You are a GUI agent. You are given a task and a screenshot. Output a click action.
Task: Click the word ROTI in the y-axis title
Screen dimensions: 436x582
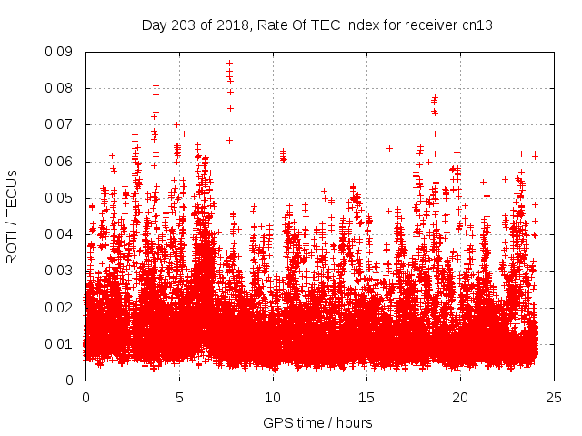pos(12,249)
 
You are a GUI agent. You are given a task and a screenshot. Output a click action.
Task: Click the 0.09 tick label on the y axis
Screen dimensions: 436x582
pos(62,52)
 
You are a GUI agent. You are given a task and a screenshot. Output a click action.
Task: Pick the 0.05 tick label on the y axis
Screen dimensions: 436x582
pos(62,198)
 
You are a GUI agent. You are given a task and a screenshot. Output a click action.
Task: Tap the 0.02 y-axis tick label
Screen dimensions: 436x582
pos(62,307)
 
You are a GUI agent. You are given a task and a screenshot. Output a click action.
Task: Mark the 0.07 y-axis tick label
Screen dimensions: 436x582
pos(62,124)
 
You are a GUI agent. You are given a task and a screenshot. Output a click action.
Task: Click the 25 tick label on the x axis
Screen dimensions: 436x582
pos(554,397)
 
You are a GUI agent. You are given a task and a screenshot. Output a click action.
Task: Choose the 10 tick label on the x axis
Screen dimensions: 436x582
pos(273,397)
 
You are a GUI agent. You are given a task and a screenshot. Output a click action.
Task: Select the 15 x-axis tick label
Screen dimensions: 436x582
pos(366,397)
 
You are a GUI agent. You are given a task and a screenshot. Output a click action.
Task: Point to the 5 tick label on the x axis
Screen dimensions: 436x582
pos(179,397)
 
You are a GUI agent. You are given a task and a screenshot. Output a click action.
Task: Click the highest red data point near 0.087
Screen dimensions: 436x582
pos(229,64)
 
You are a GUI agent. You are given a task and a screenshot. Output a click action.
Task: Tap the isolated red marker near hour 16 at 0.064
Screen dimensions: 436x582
pos(389,148)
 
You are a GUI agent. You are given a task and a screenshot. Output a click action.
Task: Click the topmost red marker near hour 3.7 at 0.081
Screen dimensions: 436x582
pos(156,86)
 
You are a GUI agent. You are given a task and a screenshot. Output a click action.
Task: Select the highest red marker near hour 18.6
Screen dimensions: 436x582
pos(435,97)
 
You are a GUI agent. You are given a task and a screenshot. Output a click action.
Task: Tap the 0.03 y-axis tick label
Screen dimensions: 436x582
pos(62,271)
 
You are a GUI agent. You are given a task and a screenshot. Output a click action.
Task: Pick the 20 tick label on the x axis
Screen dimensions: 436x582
pos(460,397)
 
